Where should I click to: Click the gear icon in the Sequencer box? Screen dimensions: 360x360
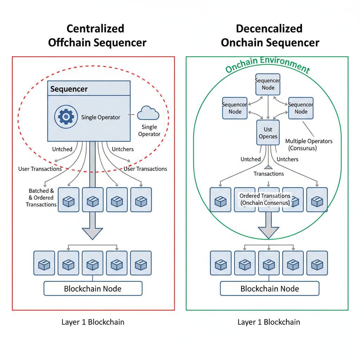click(66, 117)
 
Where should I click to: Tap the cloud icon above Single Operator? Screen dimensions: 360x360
click(148, 113)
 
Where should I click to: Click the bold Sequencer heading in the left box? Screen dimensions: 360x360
click(69, 89)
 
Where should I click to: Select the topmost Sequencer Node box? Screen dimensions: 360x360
click(268, 84)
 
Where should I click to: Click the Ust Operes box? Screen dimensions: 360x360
click(268, 132)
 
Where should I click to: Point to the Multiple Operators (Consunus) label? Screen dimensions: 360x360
click(309, 144)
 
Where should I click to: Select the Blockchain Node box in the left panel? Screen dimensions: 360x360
click(93, 289)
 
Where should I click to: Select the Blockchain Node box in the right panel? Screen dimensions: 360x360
click(269, 289)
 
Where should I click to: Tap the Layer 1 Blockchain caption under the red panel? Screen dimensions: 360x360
click(93, 322)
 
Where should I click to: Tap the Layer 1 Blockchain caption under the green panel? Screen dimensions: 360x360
click(269, 322)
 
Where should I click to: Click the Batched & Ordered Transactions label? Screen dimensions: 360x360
click(41, 197)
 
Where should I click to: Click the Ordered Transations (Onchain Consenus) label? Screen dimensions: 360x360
click(265, 199)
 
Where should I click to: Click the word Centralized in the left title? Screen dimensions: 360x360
click(95, 28)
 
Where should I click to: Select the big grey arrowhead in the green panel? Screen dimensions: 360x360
click(269, 232)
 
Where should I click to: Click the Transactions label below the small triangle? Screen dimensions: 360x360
click(269, 174)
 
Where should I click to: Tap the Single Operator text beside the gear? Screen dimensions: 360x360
click(101, 117)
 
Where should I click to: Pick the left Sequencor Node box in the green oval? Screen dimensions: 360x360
click(235, 108)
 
